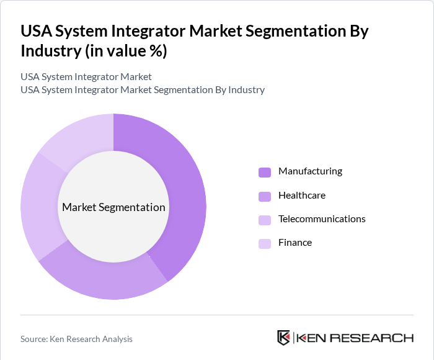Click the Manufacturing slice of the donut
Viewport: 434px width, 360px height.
[186, 186]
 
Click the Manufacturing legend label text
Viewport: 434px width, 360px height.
[310, 171]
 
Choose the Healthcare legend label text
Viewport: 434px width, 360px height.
[302, 195]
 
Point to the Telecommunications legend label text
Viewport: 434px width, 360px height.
[322, 219]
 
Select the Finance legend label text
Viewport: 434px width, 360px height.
[295, 243]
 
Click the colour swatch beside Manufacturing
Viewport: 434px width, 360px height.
[265, 172]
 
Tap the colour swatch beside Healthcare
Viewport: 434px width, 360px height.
[265, 196]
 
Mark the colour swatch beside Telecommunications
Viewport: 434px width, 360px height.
[265, 220]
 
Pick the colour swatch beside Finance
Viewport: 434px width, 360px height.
[265, 243]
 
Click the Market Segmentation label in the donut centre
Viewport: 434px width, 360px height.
[113, 207]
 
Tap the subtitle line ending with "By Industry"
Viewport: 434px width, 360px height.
[143, 90]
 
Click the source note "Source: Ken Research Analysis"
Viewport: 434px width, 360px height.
[76, 339]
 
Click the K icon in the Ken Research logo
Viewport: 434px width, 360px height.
[284, 338]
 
